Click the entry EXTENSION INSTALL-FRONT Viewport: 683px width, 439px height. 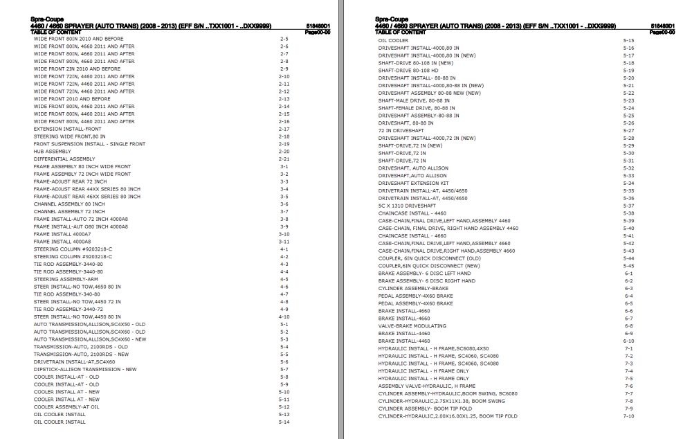pos(67,129)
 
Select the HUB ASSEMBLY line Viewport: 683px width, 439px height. pos(52,152)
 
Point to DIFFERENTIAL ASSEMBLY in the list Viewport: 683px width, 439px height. pos(64,159)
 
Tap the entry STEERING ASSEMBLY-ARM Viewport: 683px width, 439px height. pos(64,279)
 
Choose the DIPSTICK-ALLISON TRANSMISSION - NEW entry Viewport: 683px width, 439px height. pos(84,369)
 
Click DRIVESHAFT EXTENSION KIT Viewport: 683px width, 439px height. pos(414,183)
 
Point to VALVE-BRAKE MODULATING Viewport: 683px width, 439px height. pos(412,325)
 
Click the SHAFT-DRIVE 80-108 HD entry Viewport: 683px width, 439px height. pos(408,71)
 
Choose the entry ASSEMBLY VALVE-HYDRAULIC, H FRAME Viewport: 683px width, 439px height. pos(426,386)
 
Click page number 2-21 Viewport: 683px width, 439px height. pos(284,159)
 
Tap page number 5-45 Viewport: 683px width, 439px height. pos(628,266)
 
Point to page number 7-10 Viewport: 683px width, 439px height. pos(628,416)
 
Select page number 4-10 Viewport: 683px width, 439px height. pos(284,316)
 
